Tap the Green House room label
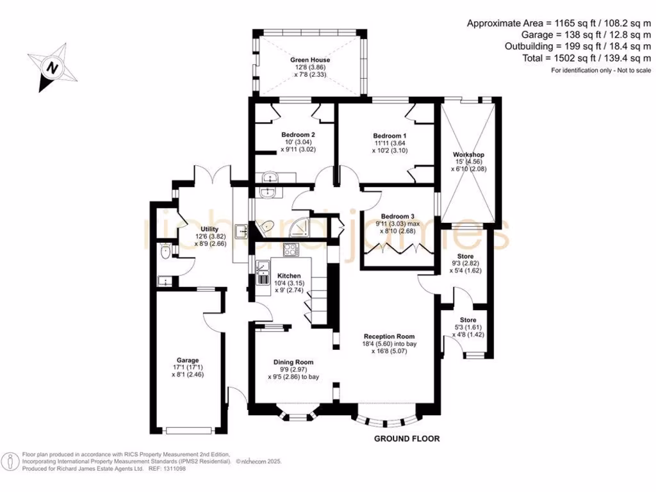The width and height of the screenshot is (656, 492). coord(310,60)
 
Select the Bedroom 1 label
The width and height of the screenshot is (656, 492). coord(389,136)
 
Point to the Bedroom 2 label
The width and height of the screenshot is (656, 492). coord(298,135)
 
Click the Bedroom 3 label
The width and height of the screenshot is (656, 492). coord(397,217)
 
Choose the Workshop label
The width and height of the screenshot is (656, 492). coord(468,154)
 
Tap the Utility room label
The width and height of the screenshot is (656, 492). coord(209,229)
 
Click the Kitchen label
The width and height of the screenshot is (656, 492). coord(289,275)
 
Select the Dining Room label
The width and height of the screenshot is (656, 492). coord(293,362)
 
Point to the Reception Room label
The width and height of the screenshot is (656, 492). coord(389,336)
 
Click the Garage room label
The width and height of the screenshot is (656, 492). coord(188,360)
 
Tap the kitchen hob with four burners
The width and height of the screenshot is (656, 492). coord(291,249)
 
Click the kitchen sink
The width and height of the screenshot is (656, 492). coord(262,272)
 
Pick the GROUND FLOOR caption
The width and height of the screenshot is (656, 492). coord(407,438)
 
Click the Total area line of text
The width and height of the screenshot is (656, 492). coord(587,58)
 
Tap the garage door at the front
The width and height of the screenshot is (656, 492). coord(188,430)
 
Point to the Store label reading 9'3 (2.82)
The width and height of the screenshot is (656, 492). coord(465,263)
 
